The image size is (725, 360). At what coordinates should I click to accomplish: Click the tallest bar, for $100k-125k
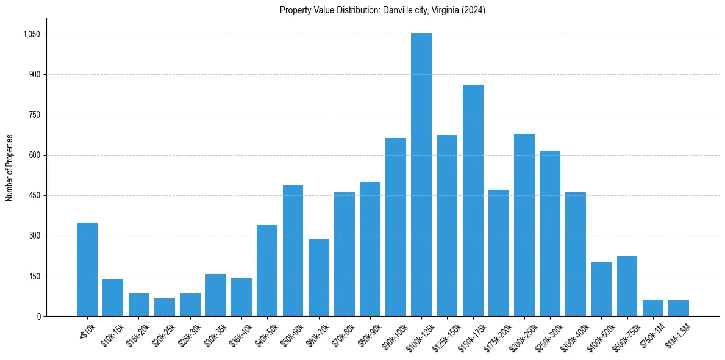tap(421, 175)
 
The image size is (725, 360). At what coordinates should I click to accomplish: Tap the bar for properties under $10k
tap(87, 269)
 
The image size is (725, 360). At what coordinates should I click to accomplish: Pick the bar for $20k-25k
tap(164, 307)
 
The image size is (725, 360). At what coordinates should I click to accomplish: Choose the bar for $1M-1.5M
tap(678, 308)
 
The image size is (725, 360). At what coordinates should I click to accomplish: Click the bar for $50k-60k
tap(293, 251)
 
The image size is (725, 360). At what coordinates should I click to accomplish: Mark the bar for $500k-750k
tap(627, 286)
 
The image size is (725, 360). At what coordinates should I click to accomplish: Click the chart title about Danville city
tap(382, 10)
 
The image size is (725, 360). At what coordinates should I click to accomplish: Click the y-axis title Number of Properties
tap(10, 167)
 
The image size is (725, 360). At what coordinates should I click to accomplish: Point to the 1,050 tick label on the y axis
tap(31, 34)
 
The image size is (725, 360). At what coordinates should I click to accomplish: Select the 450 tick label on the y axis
tap(34, 195)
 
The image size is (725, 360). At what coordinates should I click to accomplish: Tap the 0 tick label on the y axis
tap(38, 316)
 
